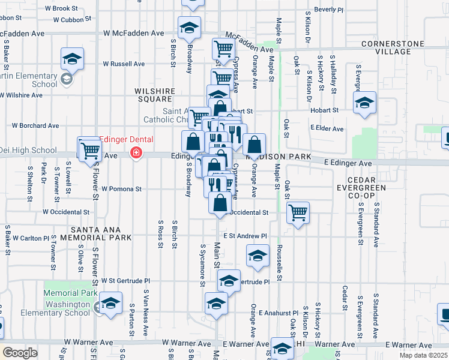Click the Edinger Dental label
tap(126, 139)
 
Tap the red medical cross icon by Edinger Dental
tap(136, 154)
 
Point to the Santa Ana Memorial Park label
tap(95, 234)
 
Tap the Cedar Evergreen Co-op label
tap(365, 186)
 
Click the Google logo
tap(20, 352)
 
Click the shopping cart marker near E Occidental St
tap(298, 212)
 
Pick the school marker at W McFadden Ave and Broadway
tap(189, 27)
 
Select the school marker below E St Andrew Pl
tap(258, 256)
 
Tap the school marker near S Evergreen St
tap(364, 103)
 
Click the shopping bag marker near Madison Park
tap(255, 145)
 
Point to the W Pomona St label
tap(121, 188)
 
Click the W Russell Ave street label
tap(124, 64)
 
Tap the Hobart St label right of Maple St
tap(325, 110)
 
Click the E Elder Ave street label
tap(327, 128)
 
